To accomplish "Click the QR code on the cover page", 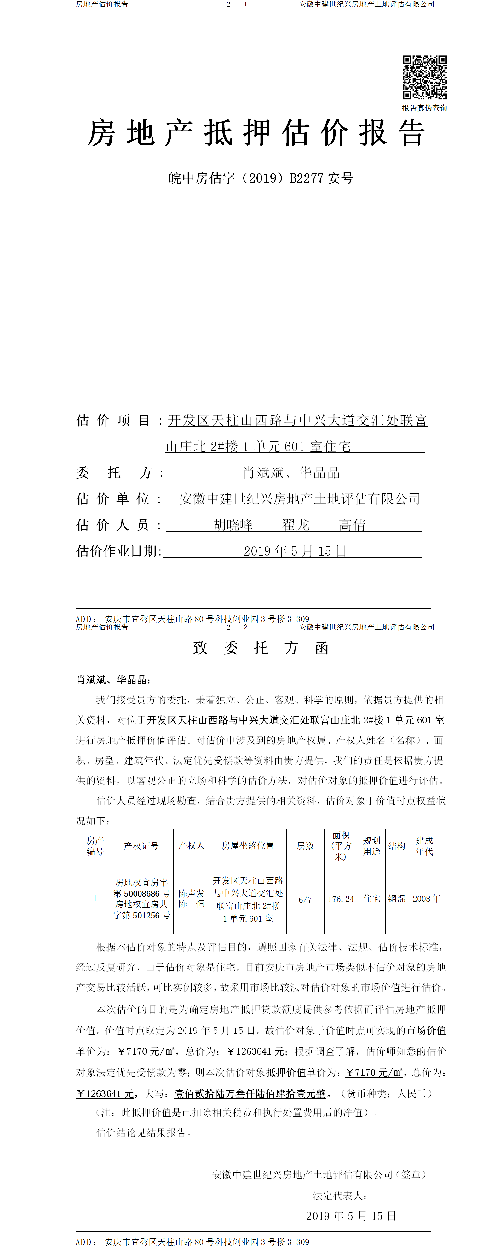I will [425, 77].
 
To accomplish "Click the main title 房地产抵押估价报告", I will [256, 133].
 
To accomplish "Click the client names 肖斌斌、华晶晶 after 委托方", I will [291, 473].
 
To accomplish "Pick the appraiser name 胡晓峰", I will [233, 525].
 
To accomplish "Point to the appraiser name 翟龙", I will [296, 525].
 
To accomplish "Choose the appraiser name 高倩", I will [352, 525].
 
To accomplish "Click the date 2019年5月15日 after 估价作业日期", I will [295, 551].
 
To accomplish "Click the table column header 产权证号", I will [141, 846].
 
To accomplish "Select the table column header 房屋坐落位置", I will [248, 846].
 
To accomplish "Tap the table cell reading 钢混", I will [397, 899].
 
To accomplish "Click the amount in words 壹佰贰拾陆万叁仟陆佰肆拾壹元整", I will [250, 1094].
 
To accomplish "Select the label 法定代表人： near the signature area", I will [339, 1196].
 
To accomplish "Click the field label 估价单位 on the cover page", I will [113, 499].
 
